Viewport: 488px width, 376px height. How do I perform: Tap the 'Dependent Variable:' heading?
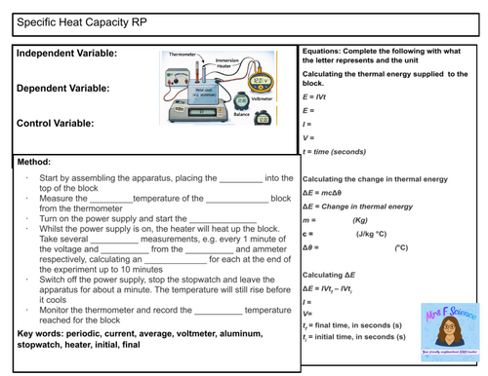click(x=63, y=89)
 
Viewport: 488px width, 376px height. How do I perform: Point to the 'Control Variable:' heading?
click(x=56, y=124)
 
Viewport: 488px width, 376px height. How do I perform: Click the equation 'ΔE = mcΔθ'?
click(x=326, y=193)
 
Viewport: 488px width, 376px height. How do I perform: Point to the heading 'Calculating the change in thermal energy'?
click(x=375, y=179)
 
